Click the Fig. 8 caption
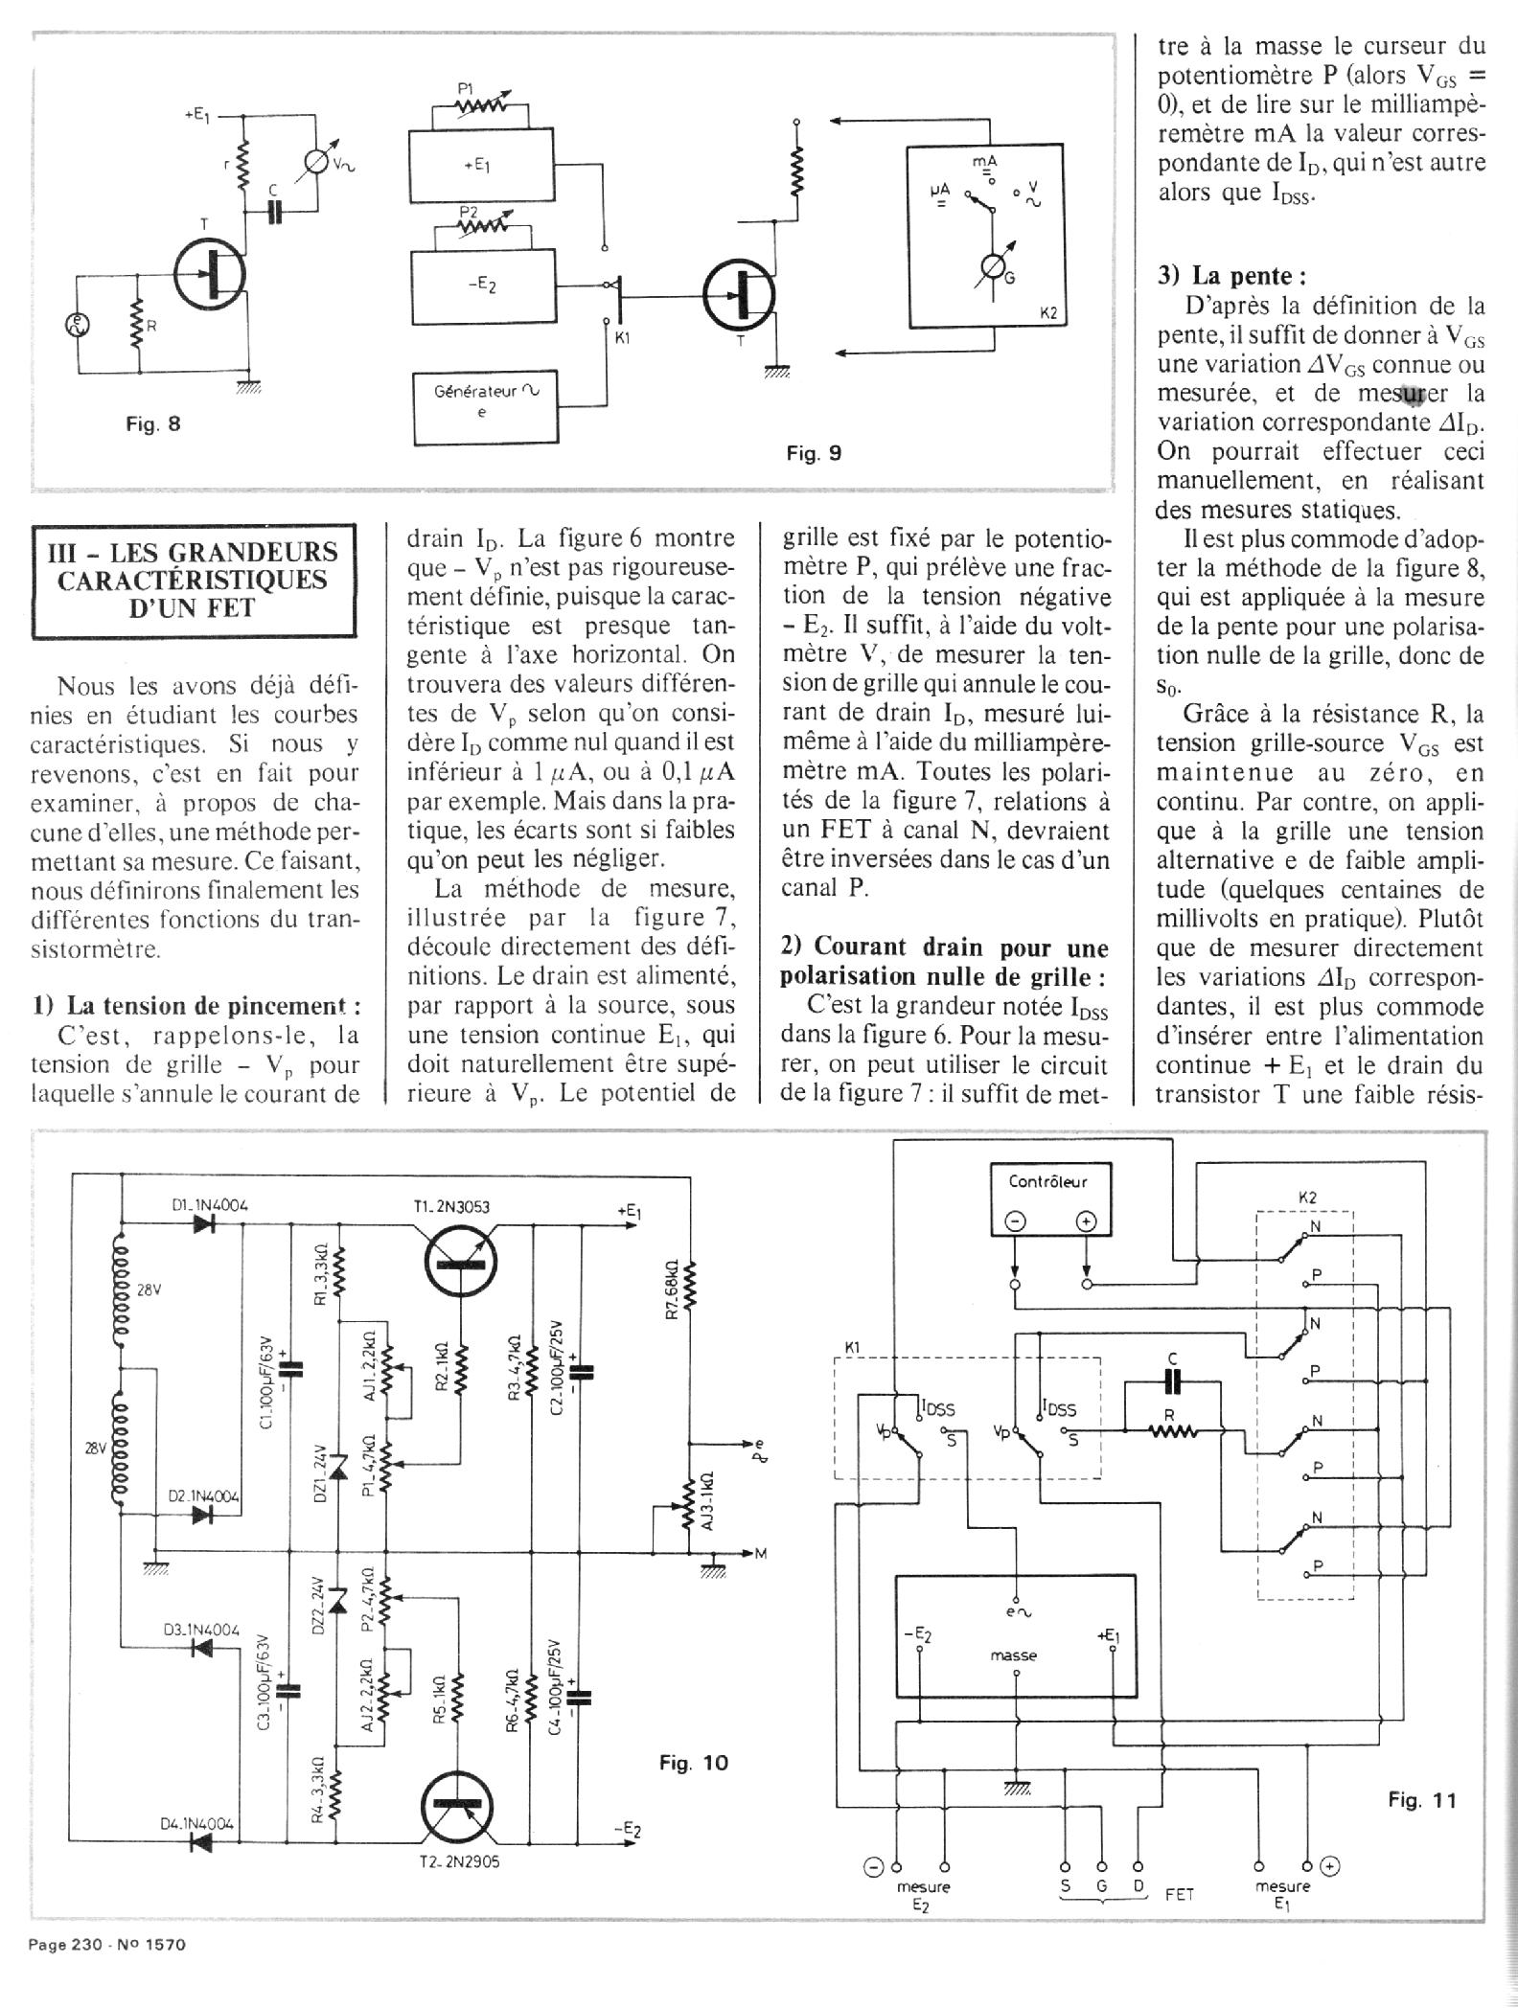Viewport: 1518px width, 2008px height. click(153, 423)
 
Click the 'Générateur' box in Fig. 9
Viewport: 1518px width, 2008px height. click(483, 401)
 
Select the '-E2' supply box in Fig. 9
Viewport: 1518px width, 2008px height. click(483, 285)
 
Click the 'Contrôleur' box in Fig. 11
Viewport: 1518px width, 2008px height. click(1049, 1198)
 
